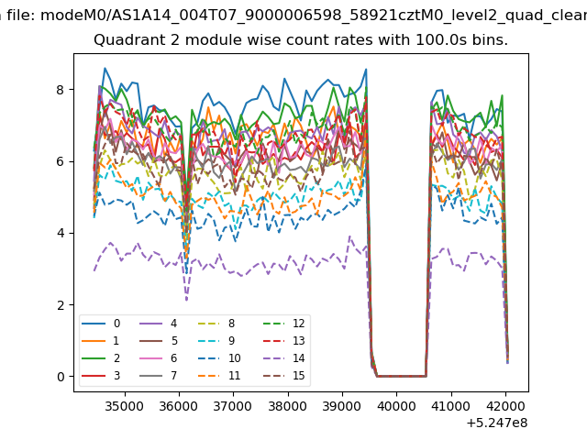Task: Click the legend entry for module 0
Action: point(101,324)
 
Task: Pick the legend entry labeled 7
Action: point(158,375)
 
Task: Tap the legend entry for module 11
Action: point(218,375)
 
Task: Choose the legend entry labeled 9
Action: point(216,340)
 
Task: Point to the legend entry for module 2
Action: point(101,358)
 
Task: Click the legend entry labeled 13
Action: point(283,340)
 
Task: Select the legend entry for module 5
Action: point(158,340)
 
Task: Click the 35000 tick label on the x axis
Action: point(125,406)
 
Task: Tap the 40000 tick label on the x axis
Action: point(396,406)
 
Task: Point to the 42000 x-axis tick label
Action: point(505,406)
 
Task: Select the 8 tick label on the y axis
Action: point(61,90)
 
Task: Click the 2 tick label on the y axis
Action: point(61,305)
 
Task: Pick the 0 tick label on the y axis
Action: point(61,377)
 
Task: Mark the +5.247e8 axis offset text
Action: point(497,423)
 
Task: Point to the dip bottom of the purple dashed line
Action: point(186,300)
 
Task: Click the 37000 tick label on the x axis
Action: point(233,406)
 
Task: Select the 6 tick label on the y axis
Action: point(61,161)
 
